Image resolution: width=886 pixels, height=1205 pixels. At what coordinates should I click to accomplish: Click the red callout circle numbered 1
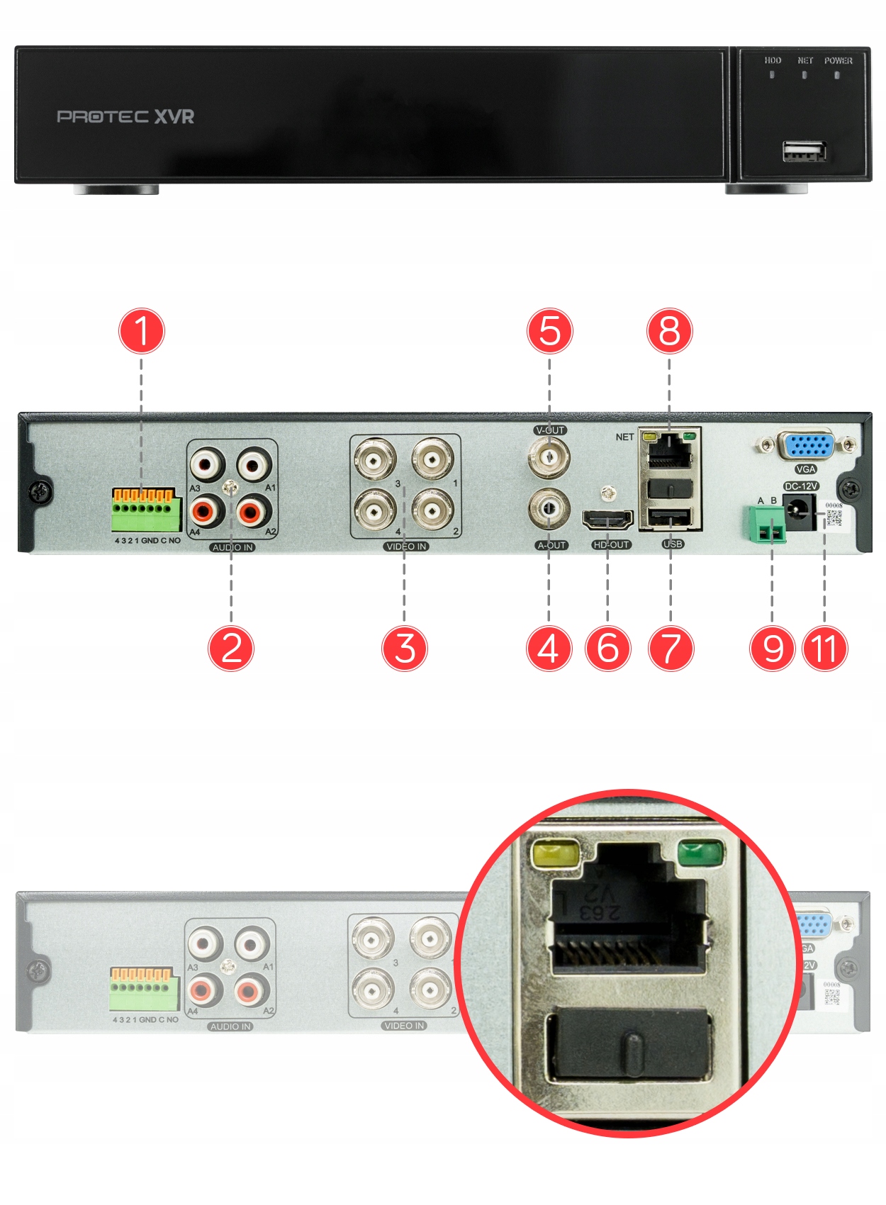point(142,331)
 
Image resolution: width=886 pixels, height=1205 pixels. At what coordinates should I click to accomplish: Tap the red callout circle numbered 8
point(669,331)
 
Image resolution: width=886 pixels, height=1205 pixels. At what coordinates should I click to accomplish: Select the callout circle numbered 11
point(825,648)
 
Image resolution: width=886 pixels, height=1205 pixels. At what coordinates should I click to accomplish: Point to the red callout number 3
point(404,648)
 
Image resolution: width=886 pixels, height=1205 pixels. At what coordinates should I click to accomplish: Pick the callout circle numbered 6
point(607,648)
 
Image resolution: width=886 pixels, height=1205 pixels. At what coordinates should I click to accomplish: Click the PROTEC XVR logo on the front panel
point(125,116)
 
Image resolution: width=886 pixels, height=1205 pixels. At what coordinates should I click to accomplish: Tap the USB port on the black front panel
point(804,152)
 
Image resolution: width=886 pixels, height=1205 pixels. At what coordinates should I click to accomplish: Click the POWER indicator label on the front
point(838,61)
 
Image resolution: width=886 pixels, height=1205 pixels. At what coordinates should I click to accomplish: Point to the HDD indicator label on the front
point(773,61)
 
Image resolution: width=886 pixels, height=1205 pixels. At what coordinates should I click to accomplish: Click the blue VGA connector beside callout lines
point(806,446)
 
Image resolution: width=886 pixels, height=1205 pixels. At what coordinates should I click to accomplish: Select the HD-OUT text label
point(611,545)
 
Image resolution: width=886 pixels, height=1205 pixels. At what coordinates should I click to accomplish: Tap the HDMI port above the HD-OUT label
point(607,520)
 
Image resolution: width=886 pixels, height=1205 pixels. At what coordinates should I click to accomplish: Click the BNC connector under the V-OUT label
point(549,458)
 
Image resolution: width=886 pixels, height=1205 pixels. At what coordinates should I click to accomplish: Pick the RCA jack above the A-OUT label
point(549,508)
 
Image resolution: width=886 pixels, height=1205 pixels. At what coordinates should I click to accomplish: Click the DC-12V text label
point(801,486)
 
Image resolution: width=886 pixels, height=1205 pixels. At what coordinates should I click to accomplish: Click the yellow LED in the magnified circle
point(556,853)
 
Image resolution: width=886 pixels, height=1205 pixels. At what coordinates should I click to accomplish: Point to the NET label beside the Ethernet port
point(624,437)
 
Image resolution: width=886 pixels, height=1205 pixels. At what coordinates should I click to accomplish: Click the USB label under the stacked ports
point(672,544)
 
